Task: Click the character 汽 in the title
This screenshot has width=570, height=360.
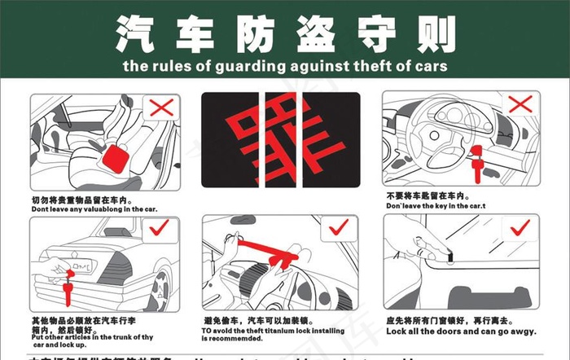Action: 137,32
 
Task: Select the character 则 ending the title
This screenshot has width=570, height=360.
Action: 432,32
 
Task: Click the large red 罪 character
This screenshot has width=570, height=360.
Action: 282,138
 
